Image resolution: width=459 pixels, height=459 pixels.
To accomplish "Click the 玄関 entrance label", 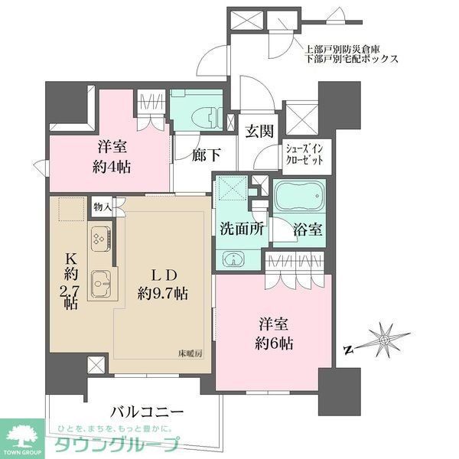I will pyautogui.click(x=260, y=132).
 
